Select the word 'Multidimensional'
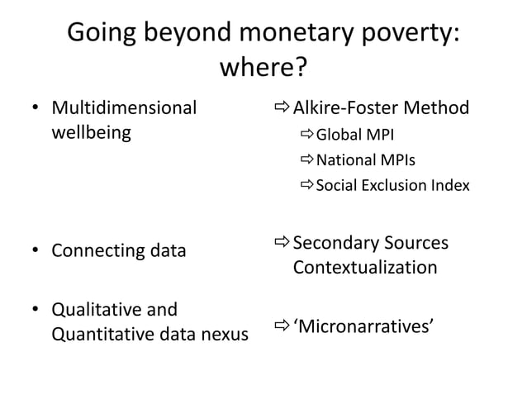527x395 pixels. [x=125, y=107]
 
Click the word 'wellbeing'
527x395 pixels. [x=91, y=132]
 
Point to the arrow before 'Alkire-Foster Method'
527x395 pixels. [x=281, y=108]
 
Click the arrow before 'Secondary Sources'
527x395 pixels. [x=281, y=243]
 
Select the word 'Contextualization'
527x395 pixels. [x=365, y=268]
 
